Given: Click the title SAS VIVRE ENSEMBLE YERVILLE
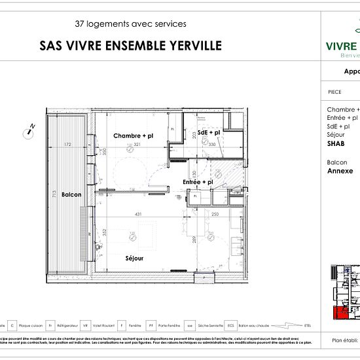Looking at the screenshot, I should point(130,46).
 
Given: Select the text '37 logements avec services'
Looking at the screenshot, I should point(130,24).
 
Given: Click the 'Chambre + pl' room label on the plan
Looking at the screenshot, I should point(133,136).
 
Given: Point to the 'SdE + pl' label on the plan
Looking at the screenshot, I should point(209,132).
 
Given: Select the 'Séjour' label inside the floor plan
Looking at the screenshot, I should point(134,259).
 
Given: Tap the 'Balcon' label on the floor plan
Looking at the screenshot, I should point(71,195).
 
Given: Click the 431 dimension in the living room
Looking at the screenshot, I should point(138,215).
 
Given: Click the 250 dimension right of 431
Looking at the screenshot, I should point(215,215).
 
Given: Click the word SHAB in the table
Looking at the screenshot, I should point(336,143).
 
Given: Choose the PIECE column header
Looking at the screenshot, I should point(334,92).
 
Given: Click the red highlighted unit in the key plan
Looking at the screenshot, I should point(340,313).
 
